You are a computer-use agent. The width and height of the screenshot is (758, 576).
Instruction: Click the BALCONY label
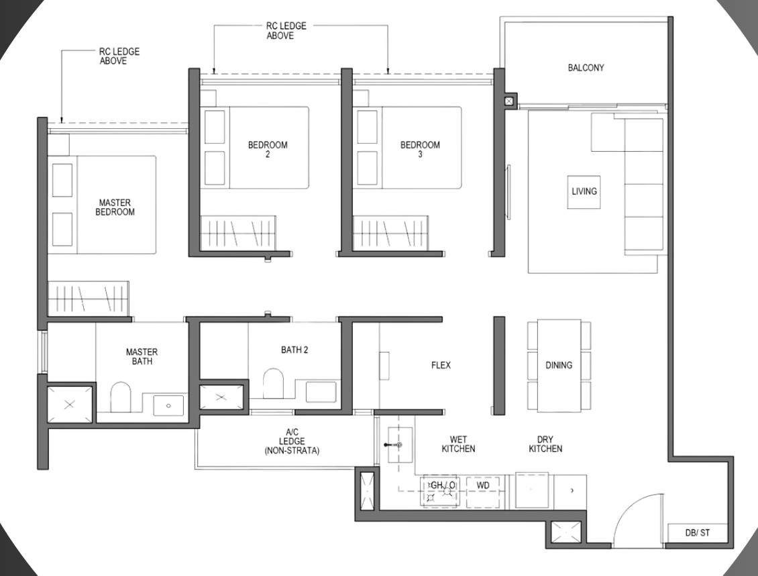pyautogui.click(x=586, y=68)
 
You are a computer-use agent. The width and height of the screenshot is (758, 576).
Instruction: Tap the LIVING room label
pyautogui.click(x=584, y=191)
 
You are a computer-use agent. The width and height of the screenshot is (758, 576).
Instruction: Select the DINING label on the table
pyautogui.click(x=559, y=365)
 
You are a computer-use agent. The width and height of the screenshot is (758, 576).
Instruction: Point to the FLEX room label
pyautogui.click(x=441, y=365)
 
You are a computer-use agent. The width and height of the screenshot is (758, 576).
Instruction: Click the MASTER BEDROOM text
pyautogui.click(x=115, y=207)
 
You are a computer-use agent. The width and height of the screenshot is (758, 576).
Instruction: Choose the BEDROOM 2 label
pyautogui.click(x=268, y=150)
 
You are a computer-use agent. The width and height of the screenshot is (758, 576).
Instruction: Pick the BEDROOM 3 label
pyautogui.click(x=420, y=150)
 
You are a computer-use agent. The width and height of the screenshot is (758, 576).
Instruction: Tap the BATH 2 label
pyautogui.click(x=294, y=350)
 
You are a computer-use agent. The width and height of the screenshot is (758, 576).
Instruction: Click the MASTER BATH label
pyautogui.click(x=142, y=356)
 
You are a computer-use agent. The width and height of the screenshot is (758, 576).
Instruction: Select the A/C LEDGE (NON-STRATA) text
pyautogui.click(x=292, y=441)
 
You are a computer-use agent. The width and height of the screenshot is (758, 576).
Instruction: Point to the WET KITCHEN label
pyautogui.click(x=458, y=444)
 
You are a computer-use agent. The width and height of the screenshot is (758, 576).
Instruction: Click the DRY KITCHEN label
pyautogui.click(x=545, y=444)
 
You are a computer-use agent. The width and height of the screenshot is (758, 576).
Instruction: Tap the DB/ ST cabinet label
pyautogui.click(x=698, y=533)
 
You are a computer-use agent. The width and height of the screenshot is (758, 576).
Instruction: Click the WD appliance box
pyautogui.click(x=482, y=492)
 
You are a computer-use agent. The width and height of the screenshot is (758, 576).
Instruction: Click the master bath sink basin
pyautogui.click(x=168, y=405)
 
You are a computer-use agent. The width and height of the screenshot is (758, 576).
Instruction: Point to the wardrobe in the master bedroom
pyautogui.click(x=89, y=299)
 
